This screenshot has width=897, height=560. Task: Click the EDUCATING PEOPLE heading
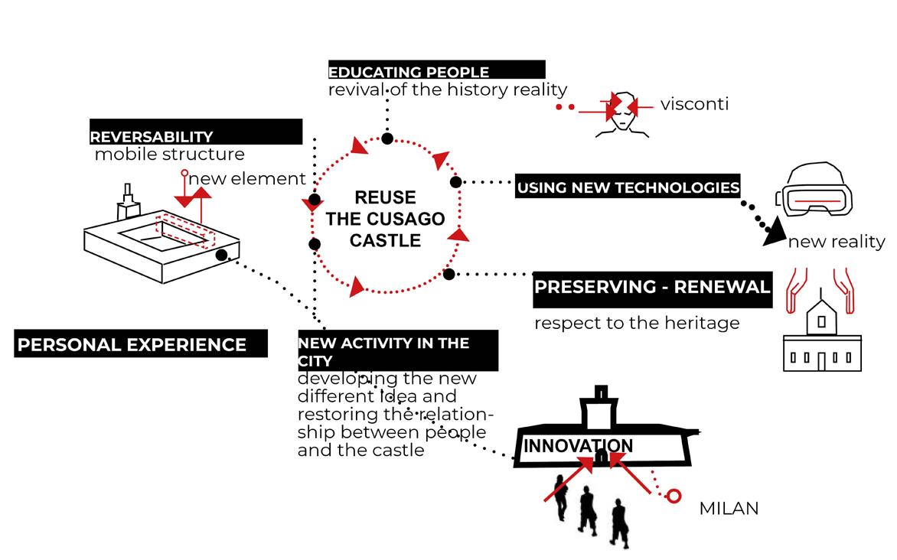click(x=409, y=73)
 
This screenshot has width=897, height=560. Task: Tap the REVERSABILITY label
click(x=152, y=137)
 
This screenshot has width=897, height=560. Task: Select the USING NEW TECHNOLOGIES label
click(x=628, y=187)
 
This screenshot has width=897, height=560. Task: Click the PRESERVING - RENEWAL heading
click(x=652, y=288)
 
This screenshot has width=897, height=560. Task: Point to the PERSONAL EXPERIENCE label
click(x=132, y=345)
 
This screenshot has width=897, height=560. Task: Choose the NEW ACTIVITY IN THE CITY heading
click(x=383, y=350)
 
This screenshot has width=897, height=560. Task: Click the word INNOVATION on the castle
click(x=578, y=445)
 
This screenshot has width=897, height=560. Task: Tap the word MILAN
click(x=729, y=509)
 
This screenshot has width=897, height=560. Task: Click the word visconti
click(x=694, y=104)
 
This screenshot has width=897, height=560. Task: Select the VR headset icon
click(x=815, y=190)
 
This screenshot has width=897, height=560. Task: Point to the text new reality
click(x=837, y=242)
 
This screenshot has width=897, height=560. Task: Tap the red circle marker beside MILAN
click(x=674, y=497)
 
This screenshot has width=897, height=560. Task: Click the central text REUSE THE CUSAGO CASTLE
click(x=385, y=219)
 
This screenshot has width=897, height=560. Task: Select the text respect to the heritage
click(x=637, y=323)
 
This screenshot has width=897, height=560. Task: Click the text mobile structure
click(x=170, y=155)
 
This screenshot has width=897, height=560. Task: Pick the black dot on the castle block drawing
click(x=222, y=256)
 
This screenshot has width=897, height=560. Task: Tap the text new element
click(x=247, y=179)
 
